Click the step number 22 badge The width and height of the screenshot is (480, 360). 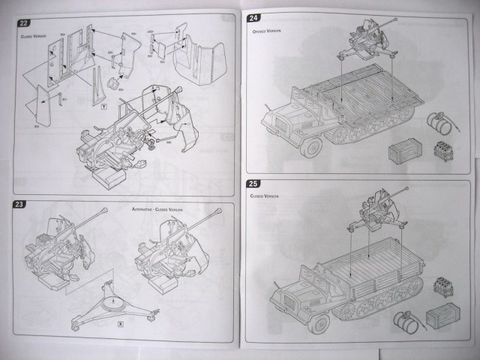[24, 23]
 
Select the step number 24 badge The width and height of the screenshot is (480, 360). [254, 18]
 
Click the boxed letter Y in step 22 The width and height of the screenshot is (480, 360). [102, 106]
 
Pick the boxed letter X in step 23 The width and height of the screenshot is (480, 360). [121, 323]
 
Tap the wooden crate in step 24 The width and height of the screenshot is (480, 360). [402, 154]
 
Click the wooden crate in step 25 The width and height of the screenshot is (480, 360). [441, 317]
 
